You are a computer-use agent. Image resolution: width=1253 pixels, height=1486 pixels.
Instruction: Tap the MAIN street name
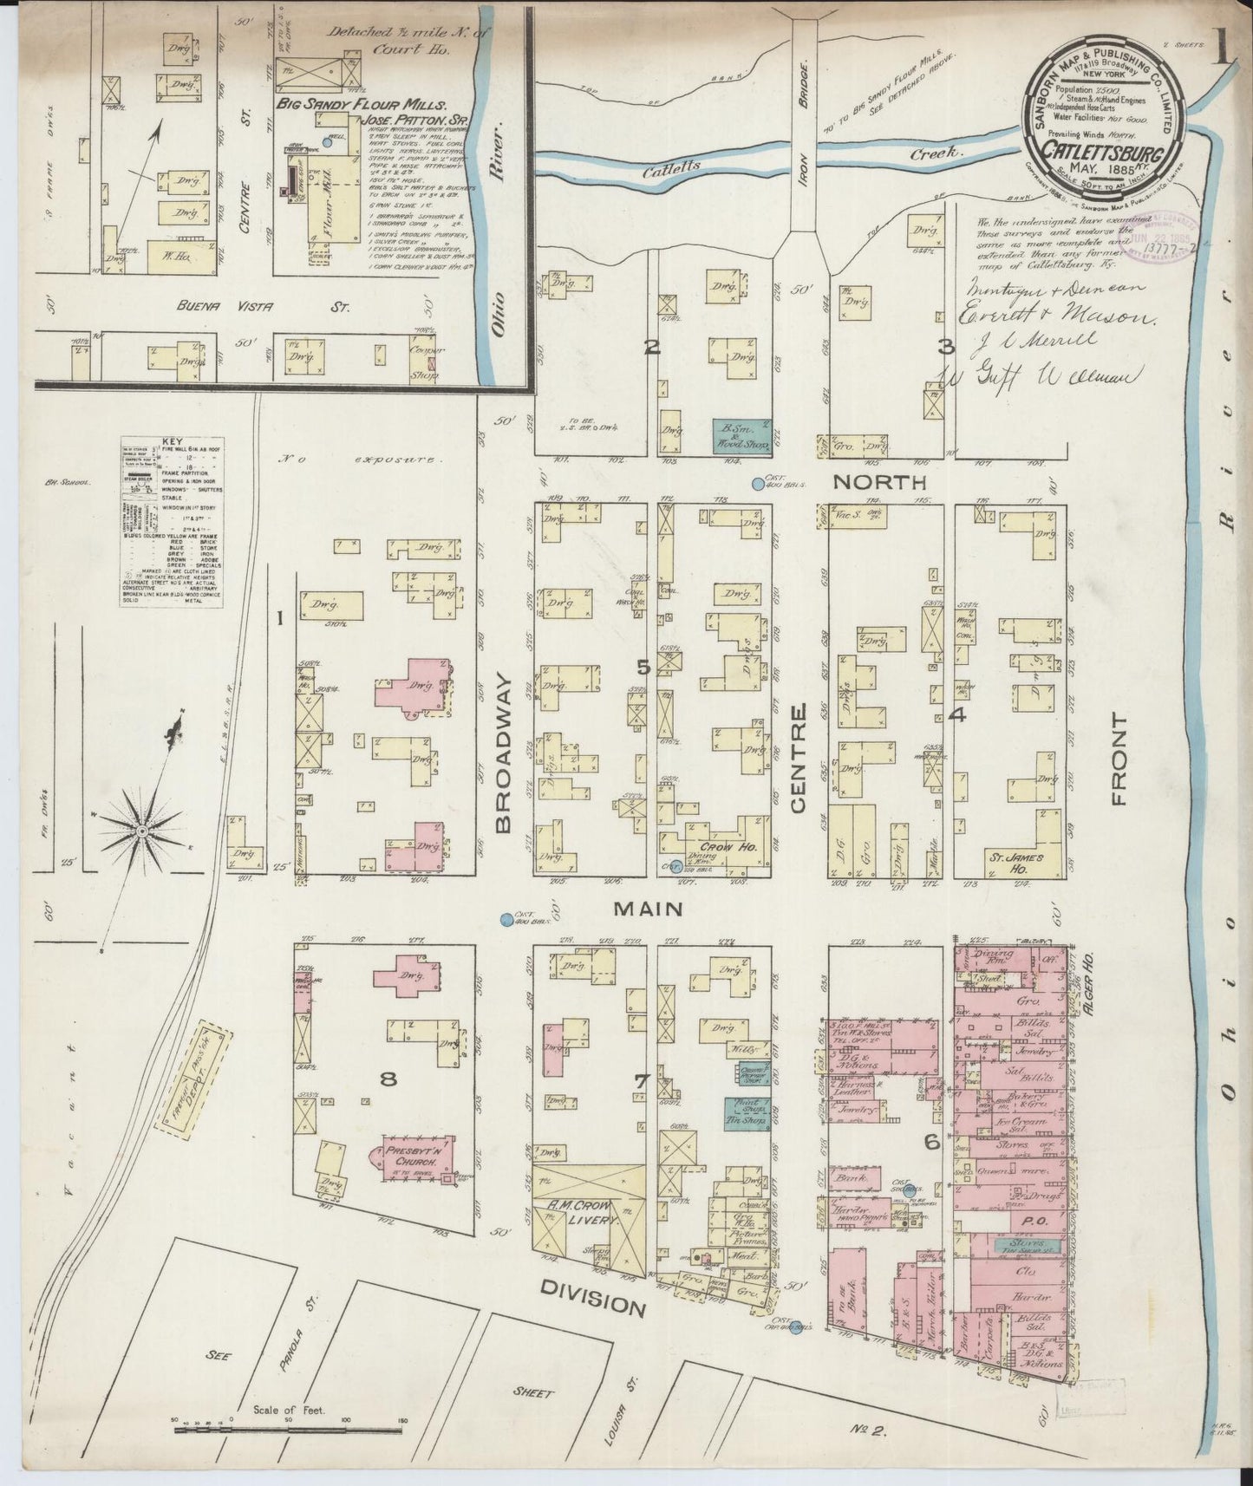649,909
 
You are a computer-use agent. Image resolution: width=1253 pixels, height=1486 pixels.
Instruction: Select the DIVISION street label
593,1307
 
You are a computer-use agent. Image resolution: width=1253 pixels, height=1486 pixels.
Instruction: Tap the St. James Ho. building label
1009,858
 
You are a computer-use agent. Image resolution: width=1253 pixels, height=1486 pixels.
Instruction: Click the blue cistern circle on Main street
505,919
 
